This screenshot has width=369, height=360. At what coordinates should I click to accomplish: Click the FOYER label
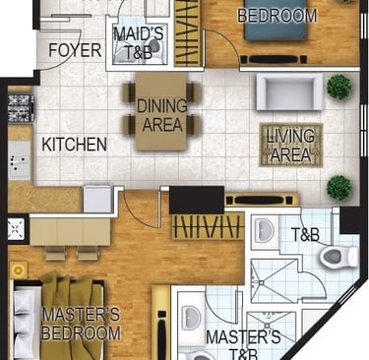[75, 50]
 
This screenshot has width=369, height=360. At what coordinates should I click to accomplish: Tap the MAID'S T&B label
[139, 43]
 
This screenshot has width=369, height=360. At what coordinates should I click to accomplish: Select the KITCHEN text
[75, 145]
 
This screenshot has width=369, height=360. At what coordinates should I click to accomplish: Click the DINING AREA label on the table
[162, 115]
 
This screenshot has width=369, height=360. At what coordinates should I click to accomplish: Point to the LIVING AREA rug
[291, 145]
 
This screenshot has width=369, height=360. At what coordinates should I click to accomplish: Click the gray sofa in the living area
[289, 91]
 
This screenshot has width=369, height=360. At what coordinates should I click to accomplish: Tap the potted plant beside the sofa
[339, 88]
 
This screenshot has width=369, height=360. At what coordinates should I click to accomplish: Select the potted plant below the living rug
[339, 188]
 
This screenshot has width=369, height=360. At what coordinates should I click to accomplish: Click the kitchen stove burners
[21, 108]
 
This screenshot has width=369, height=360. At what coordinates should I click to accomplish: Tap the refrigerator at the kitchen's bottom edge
[97, 199]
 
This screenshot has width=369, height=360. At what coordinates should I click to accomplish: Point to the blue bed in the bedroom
[277, 21]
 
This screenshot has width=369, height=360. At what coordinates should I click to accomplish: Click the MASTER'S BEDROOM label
[82, 325]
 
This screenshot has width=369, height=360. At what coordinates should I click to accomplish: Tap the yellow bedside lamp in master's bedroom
[18, 270]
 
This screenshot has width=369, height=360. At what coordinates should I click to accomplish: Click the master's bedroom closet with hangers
[209, 226]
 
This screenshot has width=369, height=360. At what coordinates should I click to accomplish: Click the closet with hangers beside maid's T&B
[188, 32]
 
